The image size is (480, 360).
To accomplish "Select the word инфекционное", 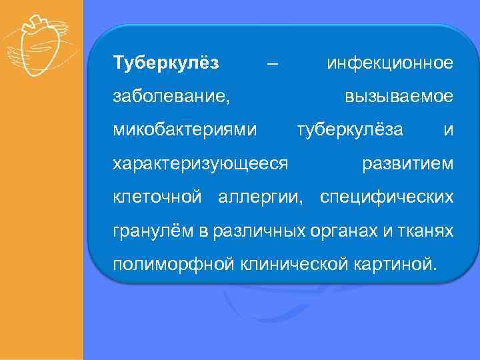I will tap(390, 63).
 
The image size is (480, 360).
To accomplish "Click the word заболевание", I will tap(171, 97).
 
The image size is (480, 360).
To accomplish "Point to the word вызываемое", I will tap(399, 97).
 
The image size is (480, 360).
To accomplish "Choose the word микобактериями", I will tap(185, 129).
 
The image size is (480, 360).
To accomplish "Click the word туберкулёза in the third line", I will tap(350, 129).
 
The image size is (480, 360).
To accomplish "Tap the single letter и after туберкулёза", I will tap(449, 129).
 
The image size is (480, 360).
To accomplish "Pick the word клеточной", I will tap(157, 197).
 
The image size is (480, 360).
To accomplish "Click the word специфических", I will tap(387, 197).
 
